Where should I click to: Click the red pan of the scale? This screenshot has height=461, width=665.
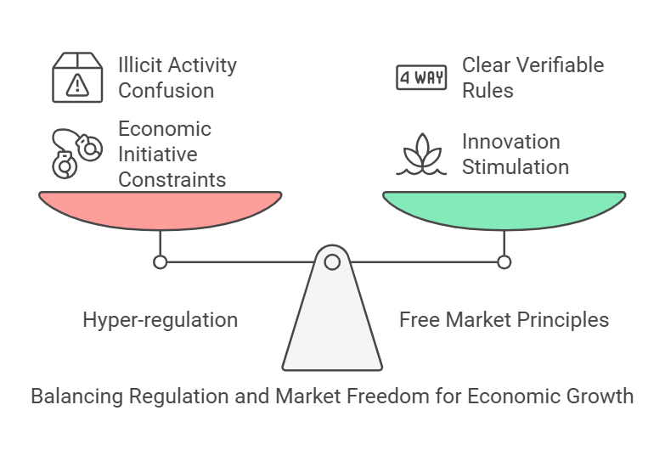tap(160, 209)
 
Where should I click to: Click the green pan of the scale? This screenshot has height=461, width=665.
tap(504, 209)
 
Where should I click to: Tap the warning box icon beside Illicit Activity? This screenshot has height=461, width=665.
tap(77, 77)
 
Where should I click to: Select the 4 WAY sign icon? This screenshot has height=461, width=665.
tap(421, 78)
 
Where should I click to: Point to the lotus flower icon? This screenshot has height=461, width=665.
tap(421, 155)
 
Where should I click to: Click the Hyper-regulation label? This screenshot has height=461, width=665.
tap(160, 320)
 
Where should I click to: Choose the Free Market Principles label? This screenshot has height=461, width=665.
tap(504, 320)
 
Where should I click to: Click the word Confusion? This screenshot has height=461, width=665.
tap(166, 90)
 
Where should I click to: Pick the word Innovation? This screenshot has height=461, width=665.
tap(510, 141)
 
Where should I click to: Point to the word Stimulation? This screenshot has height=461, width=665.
tap(516, 166)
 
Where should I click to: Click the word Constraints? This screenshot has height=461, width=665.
tap(172, 179)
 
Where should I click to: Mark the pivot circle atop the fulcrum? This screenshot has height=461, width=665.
tap(332, 261)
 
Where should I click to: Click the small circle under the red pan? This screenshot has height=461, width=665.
tap(160, 261)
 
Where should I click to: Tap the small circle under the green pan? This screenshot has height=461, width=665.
tap(504, 261)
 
